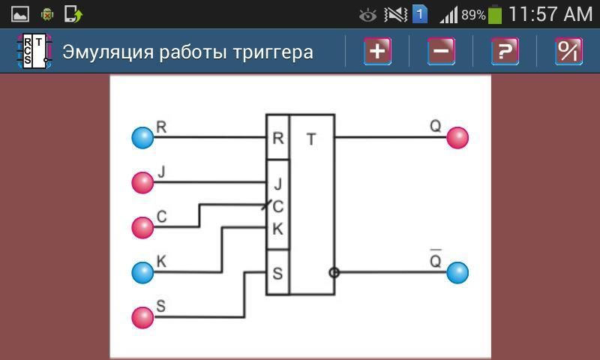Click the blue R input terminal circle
pyautogui.click(x=142, y=138)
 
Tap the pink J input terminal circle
pyautogui.click(x=142, y=182)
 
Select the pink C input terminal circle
pyautogui.click(x=142, y=227)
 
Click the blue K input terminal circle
pyautogui.click(x=142, y=272)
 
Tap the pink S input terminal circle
pyautogui.click(x=142, y=317)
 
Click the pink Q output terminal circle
pyautogui.click(x=457, y=138)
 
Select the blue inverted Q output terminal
pyautogui.click(x=457, y=272)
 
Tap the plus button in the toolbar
pyautogui.click(x=377, y=52)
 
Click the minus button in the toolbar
pyautogui.click(x=441, y=52)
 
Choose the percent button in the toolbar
pyautogui.click(x=568, y=52)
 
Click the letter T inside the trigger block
pyautogui.click(x=311, y=139)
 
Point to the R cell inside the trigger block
pyautogui.click(x=278, y=138)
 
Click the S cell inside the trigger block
pyautogui.click(x=278, y=273)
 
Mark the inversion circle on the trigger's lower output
pyautogui.click(x=334, y=272)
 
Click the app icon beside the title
pyautogui.click(x=34, y=52)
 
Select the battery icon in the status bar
pyautogui.click(x=495, y=14)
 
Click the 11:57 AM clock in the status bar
pyautogui.click(x=550, y=14)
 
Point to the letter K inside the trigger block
pyautogui.click(x=278, y=229)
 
